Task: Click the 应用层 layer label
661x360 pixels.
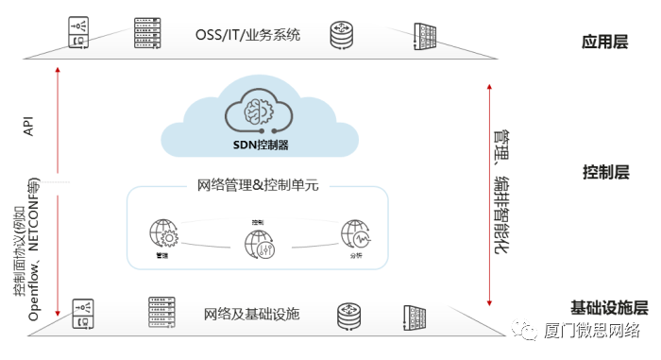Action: [x=604, y=43]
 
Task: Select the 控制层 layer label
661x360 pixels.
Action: [x=605, y=172]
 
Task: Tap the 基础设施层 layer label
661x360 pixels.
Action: [x=609, y=307]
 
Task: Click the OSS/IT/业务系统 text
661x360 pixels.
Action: [x=247, y=35]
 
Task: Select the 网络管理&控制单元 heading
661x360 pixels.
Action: [x=257, y=185]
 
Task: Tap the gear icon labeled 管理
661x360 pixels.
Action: [x=162, y=235]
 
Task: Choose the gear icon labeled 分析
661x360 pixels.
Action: [x=355, y=235]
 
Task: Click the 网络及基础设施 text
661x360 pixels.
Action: [x=251, y=313]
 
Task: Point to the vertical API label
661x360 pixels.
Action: [x=28, y=128]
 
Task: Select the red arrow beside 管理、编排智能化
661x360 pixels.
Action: [x=488, y=194]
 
